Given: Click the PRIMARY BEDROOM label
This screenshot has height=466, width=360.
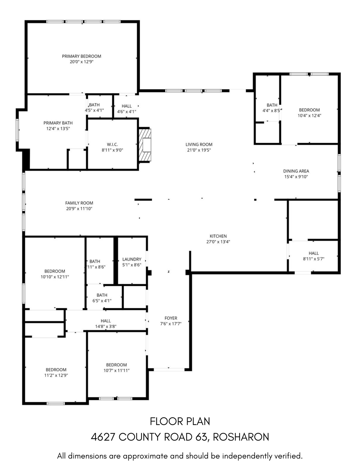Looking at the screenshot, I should point(81,56).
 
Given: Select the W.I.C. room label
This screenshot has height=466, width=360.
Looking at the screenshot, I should point(112,145).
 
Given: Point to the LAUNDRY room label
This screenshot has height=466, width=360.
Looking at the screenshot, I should point(132,259).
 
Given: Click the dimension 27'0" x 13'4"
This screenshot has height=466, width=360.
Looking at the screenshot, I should point(218,242).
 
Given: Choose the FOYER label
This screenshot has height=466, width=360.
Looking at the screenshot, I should point(171,318).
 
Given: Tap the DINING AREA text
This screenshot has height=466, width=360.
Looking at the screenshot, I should point(296,171).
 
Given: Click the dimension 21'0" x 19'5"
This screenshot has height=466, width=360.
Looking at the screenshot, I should point(199,150).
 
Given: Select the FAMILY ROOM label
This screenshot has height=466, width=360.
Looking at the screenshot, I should point(79,203).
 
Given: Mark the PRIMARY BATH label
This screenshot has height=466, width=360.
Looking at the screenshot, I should point(58,123).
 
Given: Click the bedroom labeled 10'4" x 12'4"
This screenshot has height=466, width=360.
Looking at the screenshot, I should point(309,110).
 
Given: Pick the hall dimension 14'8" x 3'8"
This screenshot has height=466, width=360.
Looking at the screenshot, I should point(106,326).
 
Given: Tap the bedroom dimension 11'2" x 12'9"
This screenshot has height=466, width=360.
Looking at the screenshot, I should point(56,375).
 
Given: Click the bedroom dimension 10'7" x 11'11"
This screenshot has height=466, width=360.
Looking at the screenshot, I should point(116,370).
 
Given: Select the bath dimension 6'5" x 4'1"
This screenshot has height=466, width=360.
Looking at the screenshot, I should point(102,301).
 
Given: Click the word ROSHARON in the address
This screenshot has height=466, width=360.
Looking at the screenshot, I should point(241,437).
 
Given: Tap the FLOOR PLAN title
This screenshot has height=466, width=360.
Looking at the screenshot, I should point(180,421).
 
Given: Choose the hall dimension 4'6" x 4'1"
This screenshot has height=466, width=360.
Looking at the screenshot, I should point(127,112).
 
